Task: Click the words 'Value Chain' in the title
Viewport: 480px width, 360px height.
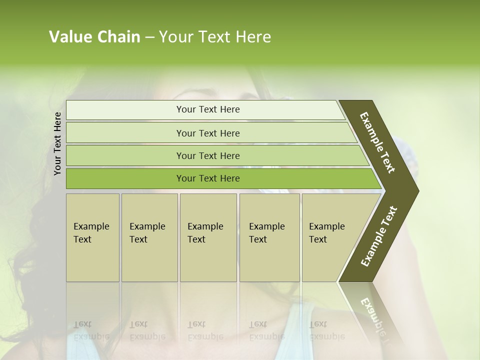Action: (x=94, y=37)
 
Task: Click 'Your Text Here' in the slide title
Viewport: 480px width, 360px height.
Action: (x=215, y=37)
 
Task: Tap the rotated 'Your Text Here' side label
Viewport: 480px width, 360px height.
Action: (x=57, y=143)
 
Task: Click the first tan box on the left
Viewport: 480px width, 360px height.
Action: (x=92, y=260)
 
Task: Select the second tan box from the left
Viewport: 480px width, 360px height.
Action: (x=149, y=260)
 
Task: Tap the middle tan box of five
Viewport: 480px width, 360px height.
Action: (x=208, y=260)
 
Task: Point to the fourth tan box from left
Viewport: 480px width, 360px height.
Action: (x=269, y=260)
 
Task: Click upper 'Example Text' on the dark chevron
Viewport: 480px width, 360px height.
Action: (x=377, y=142)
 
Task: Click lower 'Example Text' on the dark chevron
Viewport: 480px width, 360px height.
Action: (x=378, y=236)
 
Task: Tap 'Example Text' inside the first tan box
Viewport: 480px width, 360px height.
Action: (x=91, y=233)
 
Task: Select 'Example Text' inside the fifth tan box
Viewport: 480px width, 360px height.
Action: (x=326, y=233)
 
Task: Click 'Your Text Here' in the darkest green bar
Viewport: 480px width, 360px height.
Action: (x=208, y=178)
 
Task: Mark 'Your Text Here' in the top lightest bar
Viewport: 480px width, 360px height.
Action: (x=208, y=109)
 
